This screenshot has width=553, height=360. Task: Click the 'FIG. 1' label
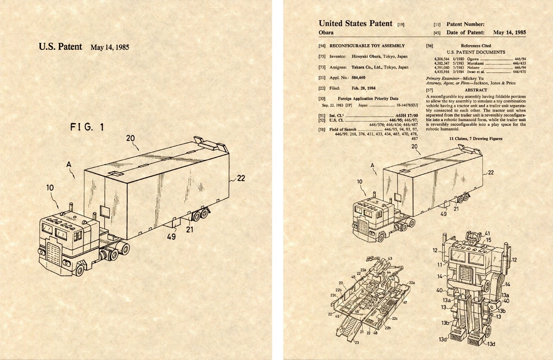click(x=87, y=127)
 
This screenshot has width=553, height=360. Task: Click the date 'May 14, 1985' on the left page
click(x=110, y=47)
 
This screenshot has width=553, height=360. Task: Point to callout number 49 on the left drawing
click(x=171, y=237)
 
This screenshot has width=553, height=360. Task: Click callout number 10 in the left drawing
click(x=50, y=188)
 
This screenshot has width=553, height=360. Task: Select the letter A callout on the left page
click(x=69, y=165)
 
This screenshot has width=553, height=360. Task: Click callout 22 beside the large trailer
click(x=241, y=178)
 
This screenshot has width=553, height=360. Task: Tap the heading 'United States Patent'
click(x=355, y=24)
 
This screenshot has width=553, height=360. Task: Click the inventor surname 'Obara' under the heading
click(x=326, y=33)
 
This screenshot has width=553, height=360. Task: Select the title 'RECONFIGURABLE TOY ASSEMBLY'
click(x=367, y=46)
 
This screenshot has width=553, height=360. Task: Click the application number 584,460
click(x=358, y=78)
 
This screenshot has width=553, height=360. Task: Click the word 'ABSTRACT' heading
click(x=476, y=90)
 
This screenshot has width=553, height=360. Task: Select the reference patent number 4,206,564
click(x=441, y=59)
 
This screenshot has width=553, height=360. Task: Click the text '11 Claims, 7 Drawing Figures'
click(x=476, y=139)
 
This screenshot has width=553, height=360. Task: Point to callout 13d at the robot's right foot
click(x=491, y=344)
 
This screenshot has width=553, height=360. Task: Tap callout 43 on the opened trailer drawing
click(x=390, y=258)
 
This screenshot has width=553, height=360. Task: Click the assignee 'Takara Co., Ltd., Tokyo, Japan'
click(x=379, y=67)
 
